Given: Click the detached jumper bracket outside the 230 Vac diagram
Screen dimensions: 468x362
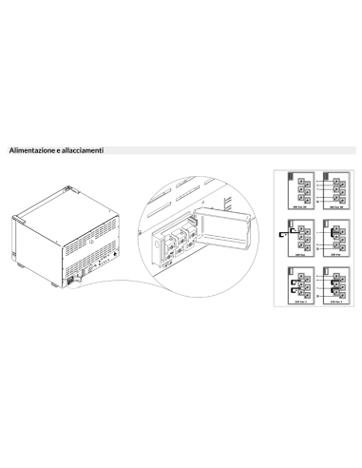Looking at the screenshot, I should [x=283, y=236].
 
